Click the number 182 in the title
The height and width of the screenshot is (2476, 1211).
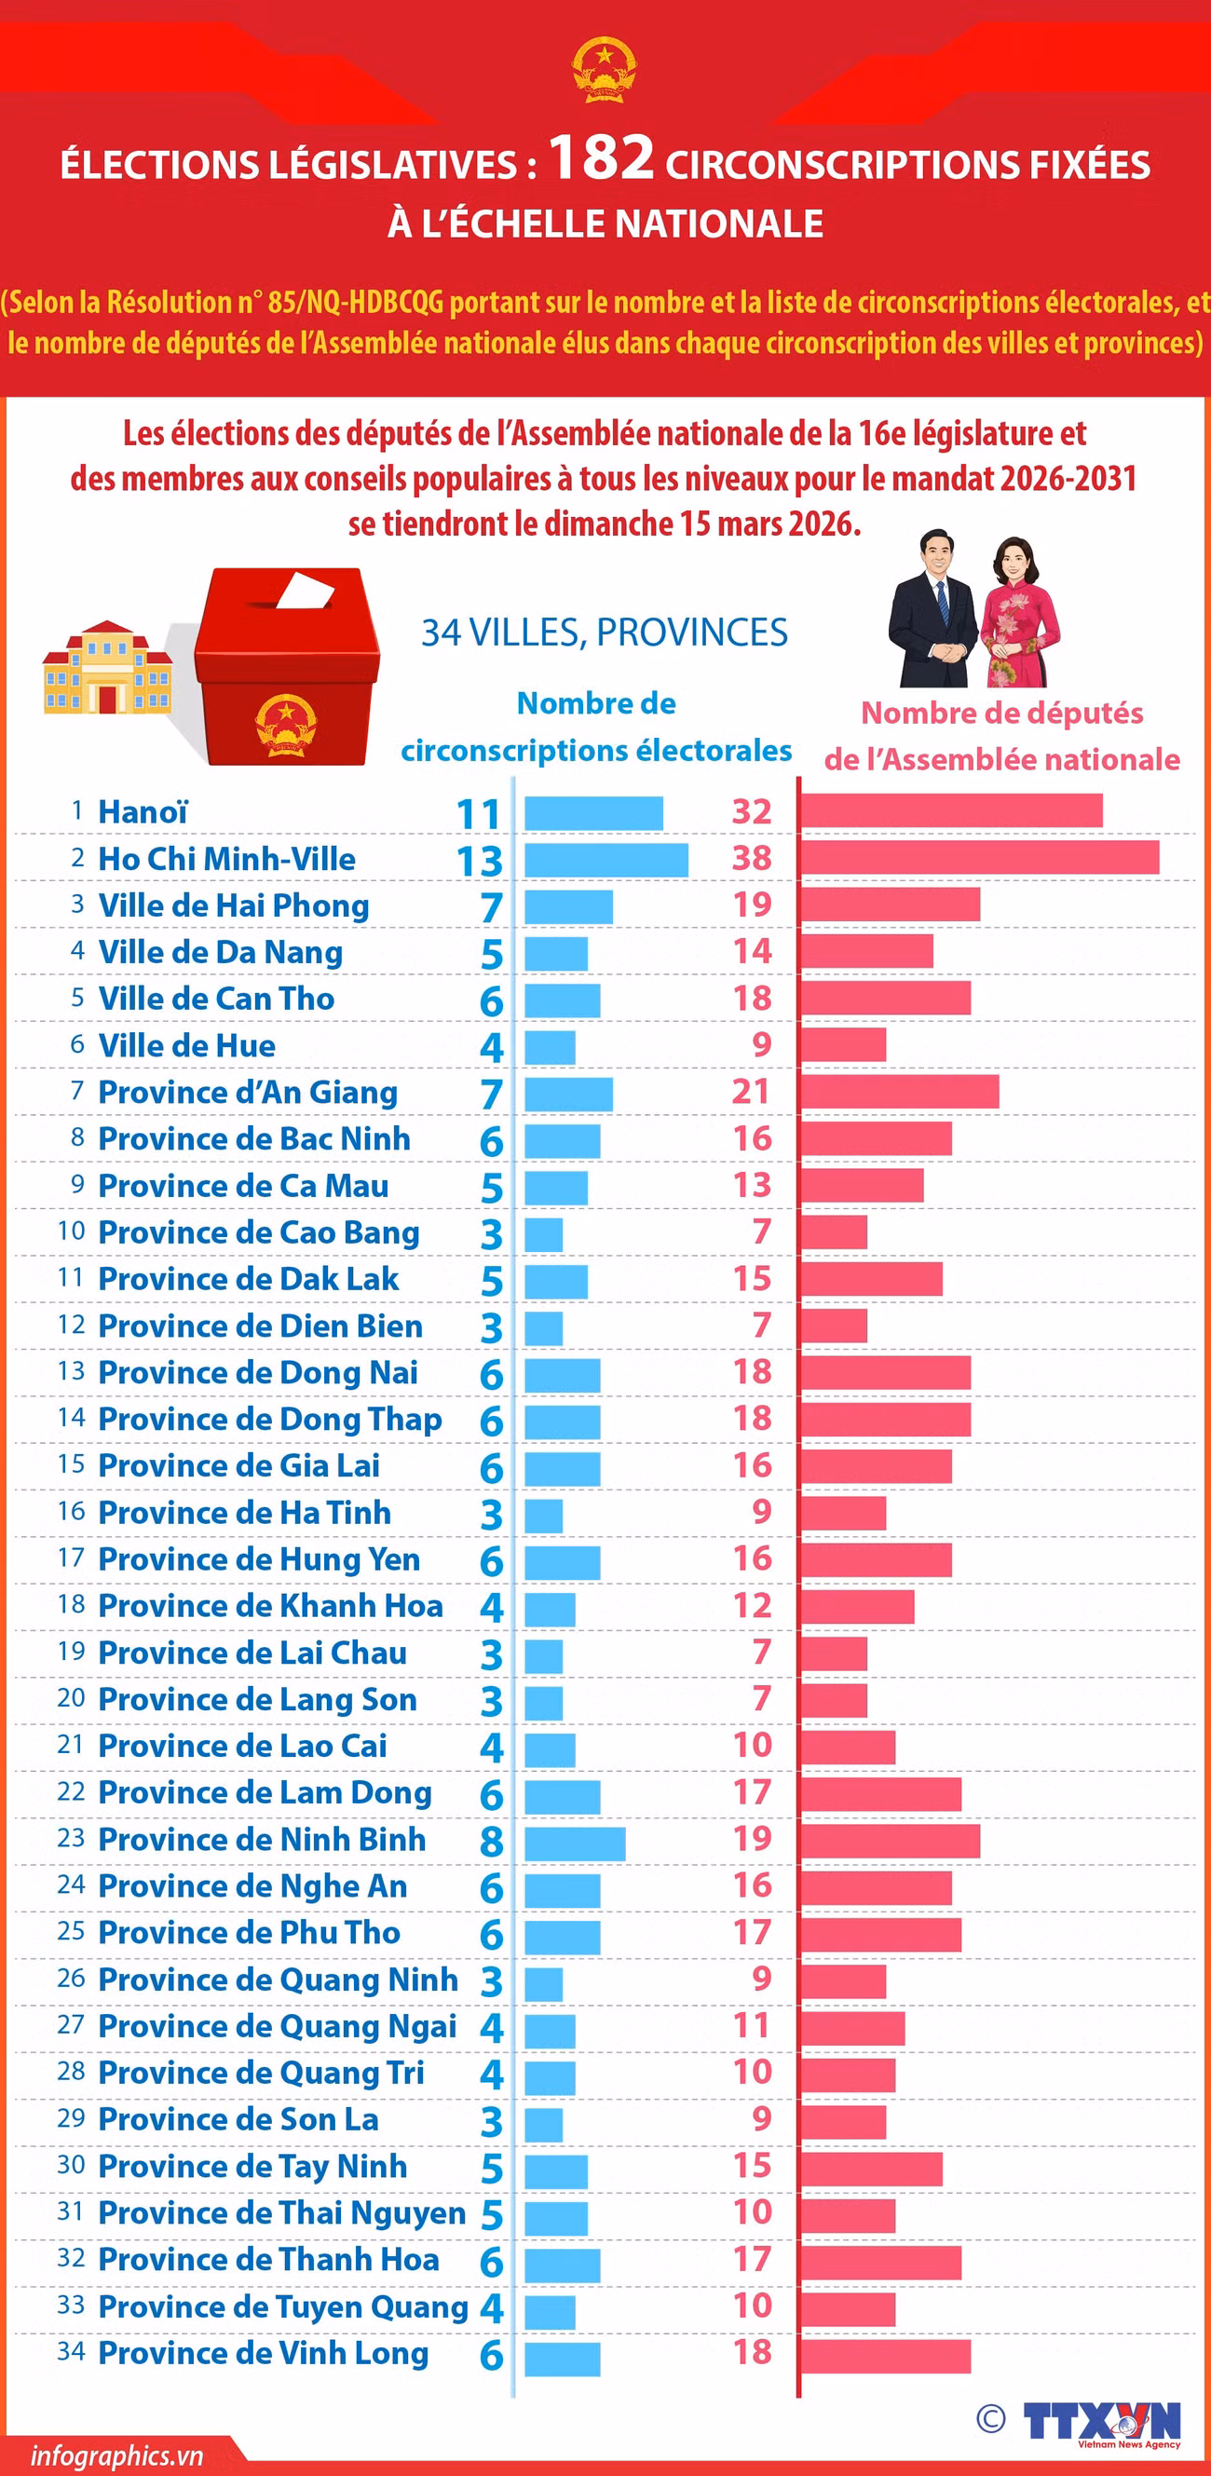pos(602,156)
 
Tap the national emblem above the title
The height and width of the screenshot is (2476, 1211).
pos(605,70)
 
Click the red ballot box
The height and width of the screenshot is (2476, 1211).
pos(286,666)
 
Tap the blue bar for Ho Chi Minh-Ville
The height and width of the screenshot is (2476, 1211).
pos(606,859)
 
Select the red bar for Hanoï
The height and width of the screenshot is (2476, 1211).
pos(952,810)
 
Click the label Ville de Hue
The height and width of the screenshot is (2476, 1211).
pos(186,1045)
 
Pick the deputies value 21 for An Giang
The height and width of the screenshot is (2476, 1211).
pos(751,1091)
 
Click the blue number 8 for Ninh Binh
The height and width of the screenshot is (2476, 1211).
pos(491,1841)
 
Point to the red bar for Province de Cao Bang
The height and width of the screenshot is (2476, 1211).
pos(835,1231)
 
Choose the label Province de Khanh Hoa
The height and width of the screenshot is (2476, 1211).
pos(270,1605)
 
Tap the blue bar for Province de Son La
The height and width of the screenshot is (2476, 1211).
pos(544,2122)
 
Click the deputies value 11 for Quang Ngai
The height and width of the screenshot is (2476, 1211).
pos(752,2025)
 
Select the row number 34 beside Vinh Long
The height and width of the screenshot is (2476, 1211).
pos(71,2351)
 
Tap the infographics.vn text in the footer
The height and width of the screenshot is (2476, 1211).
pos(116,2455)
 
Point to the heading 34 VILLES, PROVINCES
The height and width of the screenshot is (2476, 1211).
pos(605,632)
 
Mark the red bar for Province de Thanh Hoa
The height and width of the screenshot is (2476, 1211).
pos(881,2262)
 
